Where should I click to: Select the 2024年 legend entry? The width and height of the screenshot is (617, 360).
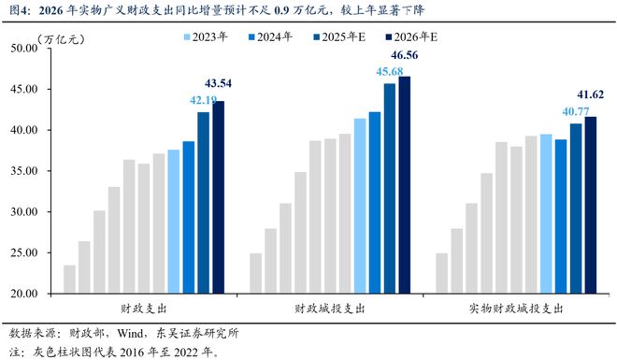click(269, 38)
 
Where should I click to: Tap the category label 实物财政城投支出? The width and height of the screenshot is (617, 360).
click(515, 308)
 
